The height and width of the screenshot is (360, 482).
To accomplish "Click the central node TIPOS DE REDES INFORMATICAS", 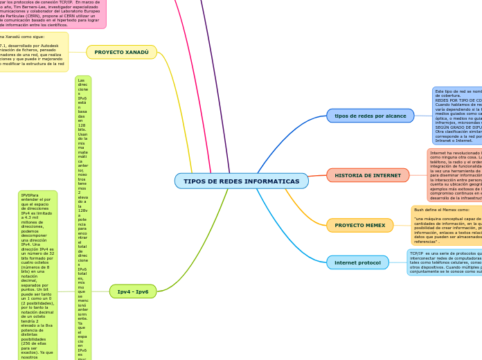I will pos(241,181).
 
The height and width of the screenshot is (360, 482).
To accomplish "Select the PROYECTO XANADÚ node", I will pos(121,53).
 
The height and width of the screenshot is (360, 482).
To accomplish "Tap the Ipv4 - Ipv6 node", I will pos(133,291).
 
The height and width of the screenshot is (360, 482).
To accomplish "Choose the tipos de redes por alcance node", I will pos(370,116).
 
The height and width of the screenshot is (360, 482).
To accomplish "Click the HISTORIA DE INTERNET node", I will pos(368,176).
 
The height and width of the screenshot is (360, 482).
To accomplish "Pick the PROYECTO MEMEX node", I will pos(359,226).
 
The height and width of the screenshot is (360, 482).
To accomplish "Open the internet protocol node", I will pos(357,263).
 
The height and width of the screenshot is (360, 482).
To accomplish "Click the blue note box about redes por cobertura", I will pos(457,116).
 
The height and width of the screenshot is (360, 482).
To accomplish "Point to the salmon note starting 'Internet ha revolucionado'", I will pos(454,174).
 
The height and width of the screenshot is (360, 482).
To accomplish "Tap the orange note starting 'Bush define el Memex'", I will pos(447,226).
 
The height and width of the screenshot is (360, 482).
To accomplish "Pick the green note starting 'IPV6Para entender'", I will pos(37,277).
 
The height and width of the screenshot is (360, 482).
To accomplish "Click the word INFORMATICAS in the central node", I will pos(272,181).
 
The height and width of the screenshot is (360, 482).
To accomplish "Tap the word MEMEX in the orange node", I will pos(375,226).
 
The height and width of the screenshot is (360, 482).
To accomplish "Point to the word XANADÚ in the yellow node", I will pos(136,53).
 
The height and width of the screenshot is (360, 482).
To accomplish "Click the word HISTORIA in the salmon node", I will pos(350,176).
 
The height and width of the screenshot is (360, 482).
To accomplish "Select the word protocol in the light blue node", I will pos(369,263).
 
